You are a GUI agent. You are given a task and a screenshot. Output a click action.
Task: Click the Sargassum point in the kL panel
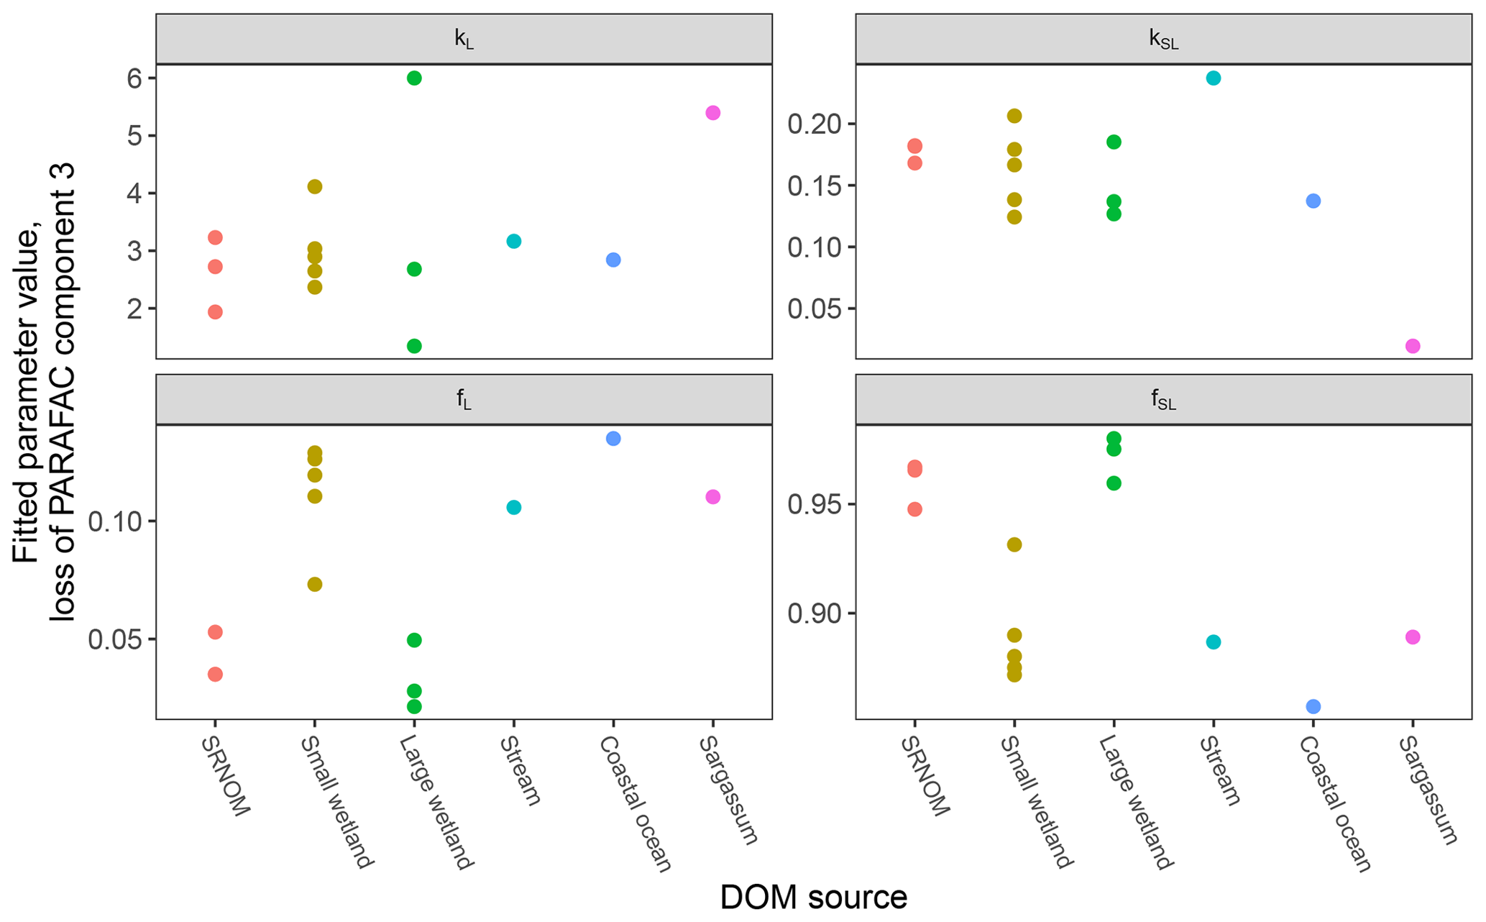[712, 113]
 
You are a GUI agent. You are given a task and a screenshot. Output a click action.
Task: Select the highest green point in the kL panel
[414, 78]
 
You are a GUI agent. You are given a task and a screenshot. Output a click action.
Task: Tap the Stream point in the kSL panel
[1213, 78]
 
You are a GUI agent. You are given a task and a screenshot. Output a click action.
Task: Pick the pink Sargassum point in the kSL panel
[1412, 346]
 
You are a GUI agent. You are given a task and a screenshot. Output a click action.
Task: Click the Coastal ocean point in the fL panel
[613, 439]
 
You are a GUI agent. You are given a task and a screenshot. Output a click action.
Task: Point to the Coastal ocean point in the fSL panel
[1313, 706]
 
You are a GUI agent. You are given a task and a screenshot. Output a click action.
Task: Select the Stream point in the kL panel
[513, 241]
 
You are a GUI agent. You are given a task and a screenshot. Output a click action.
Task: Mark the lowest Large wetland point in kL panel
[414, 346]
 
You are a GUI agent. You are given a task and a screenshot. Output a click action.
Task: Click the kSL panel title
[1163, 40]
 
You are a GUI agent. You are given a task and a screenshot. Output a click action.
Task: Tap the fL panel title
[464, 401]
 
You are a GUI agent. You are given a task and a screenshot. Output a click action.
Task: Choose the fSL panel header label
[1163, 401]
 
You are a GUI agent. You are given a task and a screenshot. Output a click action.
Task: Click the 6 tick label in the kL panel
[134, 78]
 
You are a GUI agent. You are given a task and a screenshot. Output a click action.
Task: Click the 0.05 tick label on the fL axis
[114, 639]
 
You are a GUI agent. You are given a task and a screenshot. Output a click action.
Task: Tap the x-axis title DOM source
[813, 898]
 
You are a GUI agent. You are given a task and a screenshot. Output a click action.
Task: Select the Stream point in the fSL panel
[1213, 642]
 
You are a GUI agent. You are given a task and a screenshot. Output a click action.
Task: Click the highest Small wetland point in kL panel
[314, 187]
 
